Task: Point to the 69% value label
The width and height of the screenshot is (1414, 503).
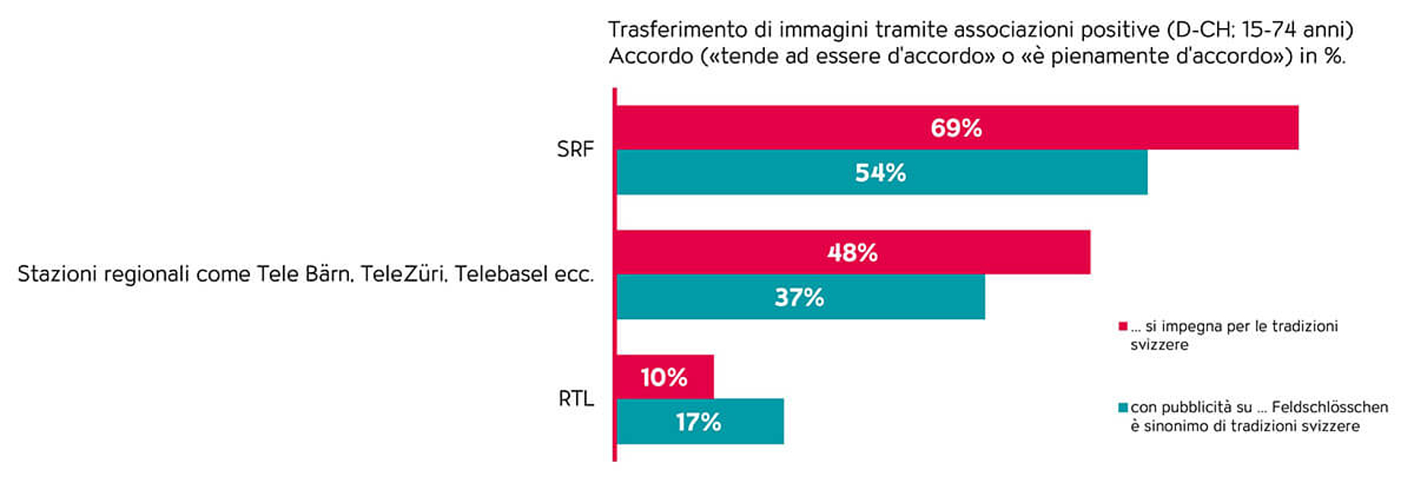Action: (956, 128)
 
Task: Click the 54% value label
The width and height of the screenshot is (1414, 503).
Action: (880, 172)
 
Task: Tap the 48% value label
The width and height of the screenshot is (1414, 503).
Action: (852, 252)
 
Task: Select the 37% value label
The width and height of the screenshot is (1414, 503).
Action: (799, 297)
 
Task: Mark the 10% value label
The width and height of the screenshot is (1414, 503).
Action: (664, 377)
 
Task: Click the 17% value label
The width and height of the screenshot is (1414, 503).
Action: (698, 422)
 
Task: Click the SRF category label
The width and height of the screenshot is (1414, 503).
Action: (575, 149)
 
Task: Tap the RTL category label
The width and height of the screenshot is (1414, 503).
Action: (575, 398)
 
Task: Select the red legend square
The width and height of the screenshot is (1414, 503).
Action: (1123, 327)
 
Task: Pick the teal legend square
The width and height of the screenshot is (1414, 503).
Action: (1123, 408)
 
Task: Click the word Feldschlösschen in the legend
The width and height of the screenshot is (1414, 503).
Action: (1330, 407)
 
